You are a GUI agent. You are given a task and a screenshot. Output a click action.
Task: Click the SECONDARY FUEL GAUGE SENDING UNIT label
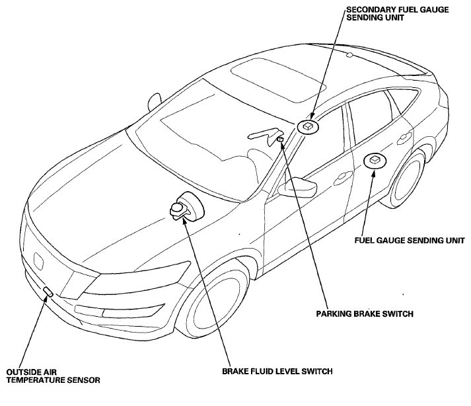click(398, 13)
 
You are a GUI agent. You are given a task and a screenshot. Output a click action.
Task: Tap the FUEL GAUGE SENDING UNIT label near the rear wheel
click(410, 241)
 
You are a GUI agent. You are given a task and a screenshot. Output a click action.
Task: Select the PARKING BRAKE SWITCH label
click(365, 314)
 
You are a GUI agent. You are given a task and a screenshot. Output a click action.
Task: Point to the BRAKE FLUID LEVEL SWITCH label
click(277, 372)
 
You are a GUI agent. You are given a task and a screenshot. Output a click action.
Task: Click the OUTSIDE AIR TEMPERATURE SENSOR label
click(53, 376)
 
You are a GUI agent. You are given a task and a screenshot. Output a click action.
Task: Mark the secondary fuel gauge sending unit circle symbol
click(308, 126)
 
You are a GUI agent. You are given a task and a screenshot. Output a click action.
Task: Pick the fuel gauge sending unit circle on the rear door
click(375, 161)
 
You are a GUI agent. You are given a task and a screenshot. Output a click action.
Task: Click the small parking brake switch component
click(280, 140)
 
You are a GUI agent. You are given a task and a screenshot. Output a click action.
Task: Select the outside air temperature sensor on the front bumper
click(48, 292)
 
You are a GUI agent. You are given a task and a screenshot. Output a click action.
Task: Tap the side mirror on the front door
click(297, 188)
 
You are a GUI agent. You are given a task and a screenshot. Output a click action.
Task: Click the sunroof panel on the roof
click(279, 80)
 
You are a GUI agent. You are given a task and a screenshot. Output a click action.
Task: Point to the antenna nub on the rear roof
click(349, 55)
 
